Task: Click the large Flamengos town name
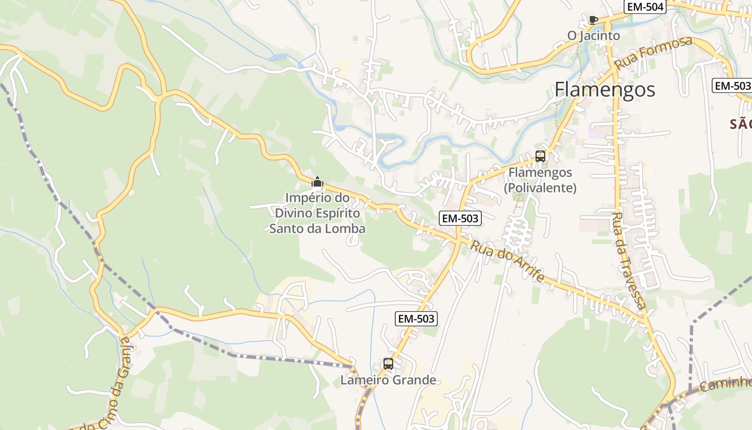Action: (x=605, y=89)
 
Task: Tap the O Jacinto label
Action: (x=594, y=36)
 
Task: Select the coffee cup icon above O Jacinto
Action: (x=593, y=20)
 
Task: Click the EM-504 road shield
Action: (x=645, y=7)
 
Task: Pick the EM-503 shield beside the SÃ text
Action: (x=732, y=85)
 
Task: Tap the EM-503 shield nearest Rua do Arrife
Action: (x=460, y=218)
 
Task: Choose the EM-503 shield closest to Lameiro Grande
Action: (x=416, y=319)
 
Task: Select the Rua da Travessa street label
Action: (x=629, y=261)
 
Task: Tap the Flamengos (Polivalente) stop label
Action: (x=540, y=180)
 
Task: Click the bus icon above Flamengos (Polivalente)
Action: (x=540, y=156)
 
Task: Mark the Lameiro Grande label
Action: (x=388, y=381)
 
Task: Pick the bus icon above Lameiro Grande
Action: (x=388, y=364)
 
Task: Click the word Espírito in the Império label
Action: (x=339, y=213)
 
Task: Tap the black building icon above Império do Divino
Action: (x=317, y=182)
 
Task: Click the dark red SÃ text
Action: (x=740, y=125)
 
